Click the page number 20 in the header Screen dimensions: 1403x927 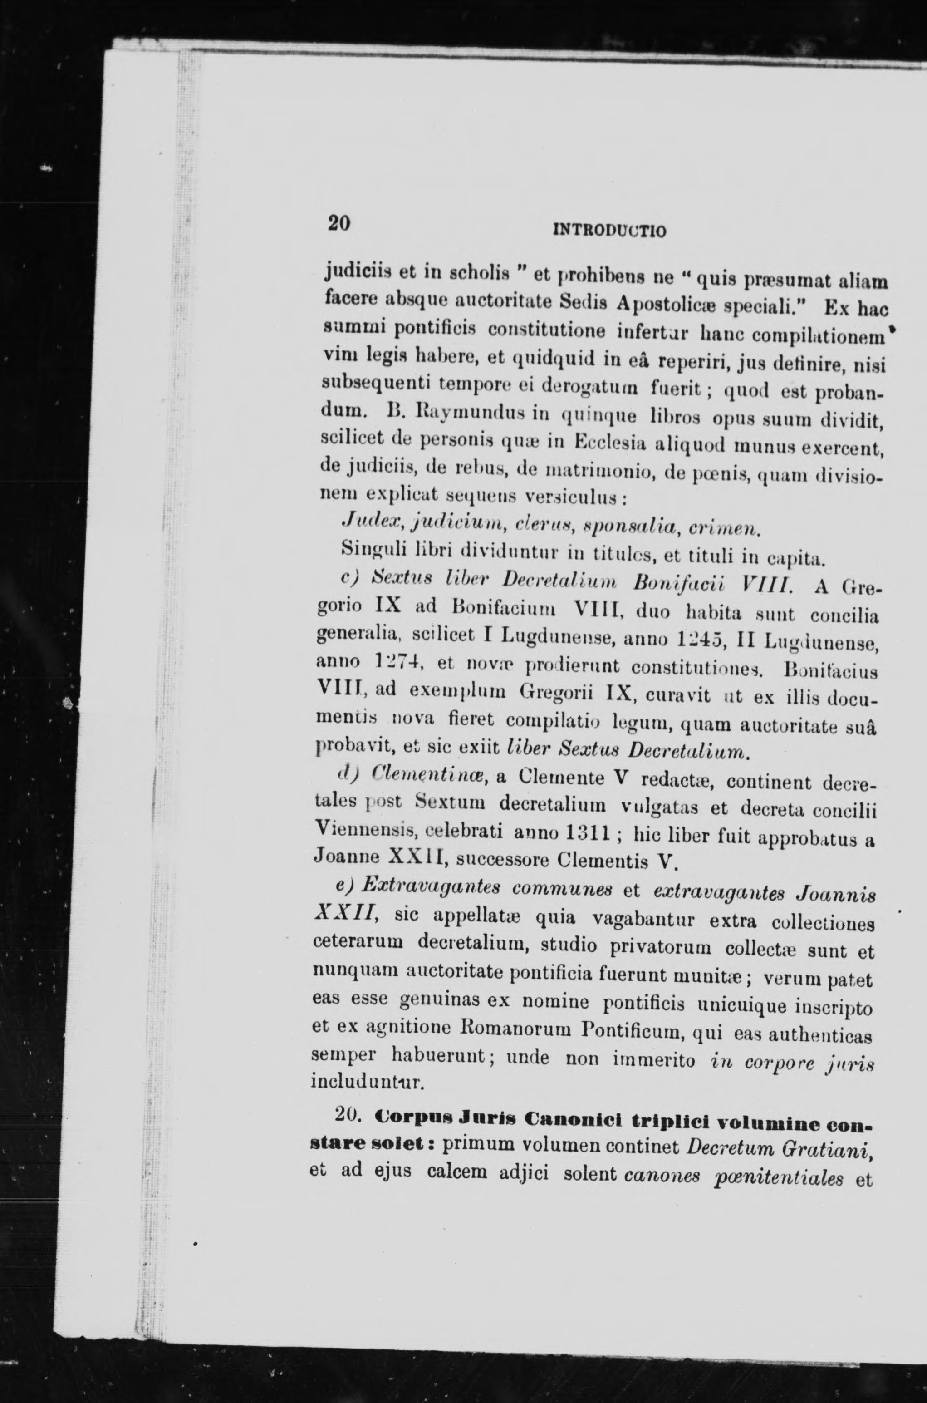click(x=339, y=223)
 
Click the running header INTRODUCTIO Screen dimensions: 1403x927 click(x=609, y=229)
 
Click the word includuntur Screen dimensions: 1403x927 click(x=366, y=1084)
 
